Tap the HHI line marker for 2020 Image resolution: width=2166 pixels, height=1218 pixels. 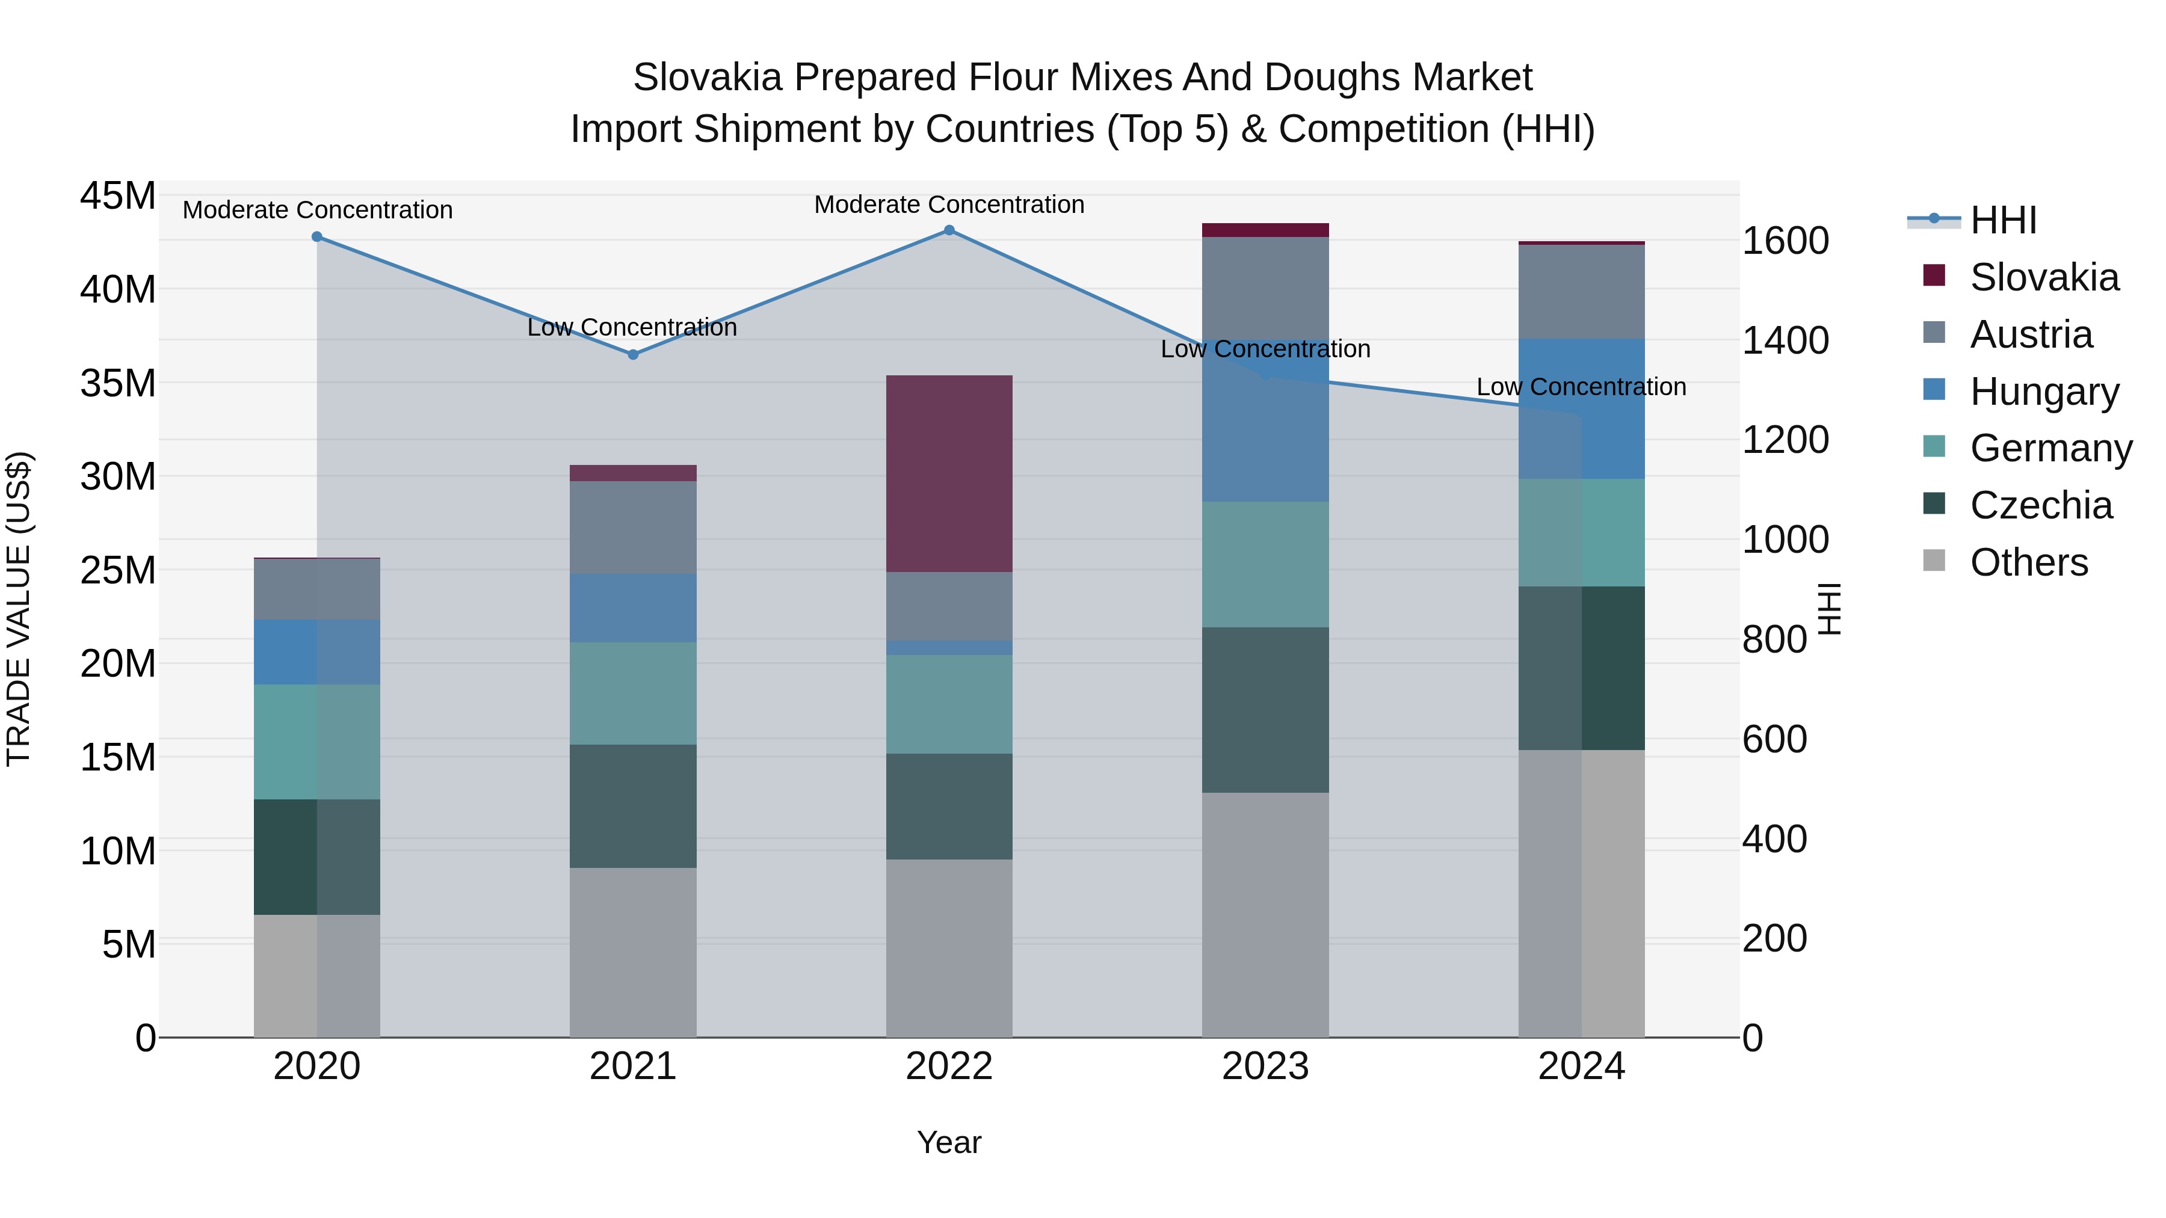[317, 237]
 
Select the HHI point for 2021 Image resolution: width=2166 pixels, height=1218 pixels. [633, 355]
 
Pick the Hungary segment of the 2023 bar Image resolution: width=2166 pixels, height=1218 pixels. [1265, 420]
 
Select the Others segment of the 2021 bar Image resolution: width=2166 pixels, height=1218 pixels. [633, 952]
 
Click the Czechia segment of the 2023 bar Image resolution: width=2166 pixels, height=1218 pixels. [1265, 710]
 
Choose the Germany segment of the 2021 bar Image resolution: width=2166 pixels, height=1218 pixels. [633, 693]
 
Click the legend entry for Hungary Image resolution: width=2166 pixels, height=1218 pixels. [2043, 392]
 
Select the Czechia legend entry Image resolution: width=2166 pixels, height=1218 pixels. [2040, 506]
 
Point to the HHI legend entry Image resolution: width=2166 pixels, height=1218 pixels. [2002, 220]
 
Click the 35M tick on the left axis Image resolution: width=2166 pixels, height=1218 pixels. [118, 383]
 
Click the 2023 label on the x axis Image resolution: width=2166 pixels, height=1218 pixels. [1265, 1066]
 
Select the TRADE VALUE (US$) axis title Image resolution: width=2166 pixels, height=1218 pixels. [19, 609]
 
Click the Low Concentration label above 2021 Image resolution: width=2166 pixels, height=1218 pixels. [632, 327]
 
